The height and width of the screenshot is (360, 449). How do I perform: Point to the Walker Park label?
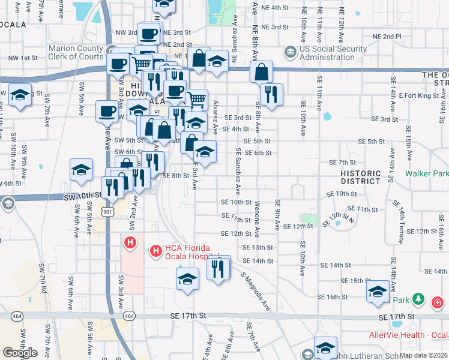point(426,173)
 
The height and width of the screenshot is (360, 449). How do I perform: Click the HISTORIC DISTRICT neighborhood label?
point(360,176)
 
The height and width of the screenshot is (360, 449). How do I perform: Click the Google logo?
point(20,353)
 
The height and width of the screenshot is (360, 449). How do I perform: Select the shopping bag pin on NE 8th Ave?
point(262,72)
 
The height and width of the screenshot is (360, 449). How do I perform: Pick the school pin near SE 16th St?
point(378,292)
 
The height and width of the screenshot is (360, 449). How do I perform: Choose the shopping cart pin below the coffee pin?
point(196,98)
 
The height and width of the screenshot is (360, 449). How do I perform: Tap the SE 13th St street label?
point(258,247)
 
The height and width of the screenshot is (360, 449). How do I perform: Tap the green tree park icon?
point(418,299)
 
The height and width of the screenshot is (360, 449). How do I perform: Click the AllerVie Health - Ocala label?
point(408,334)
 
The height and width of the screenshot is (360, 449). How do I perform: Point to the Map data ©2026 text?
point(423,355)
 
